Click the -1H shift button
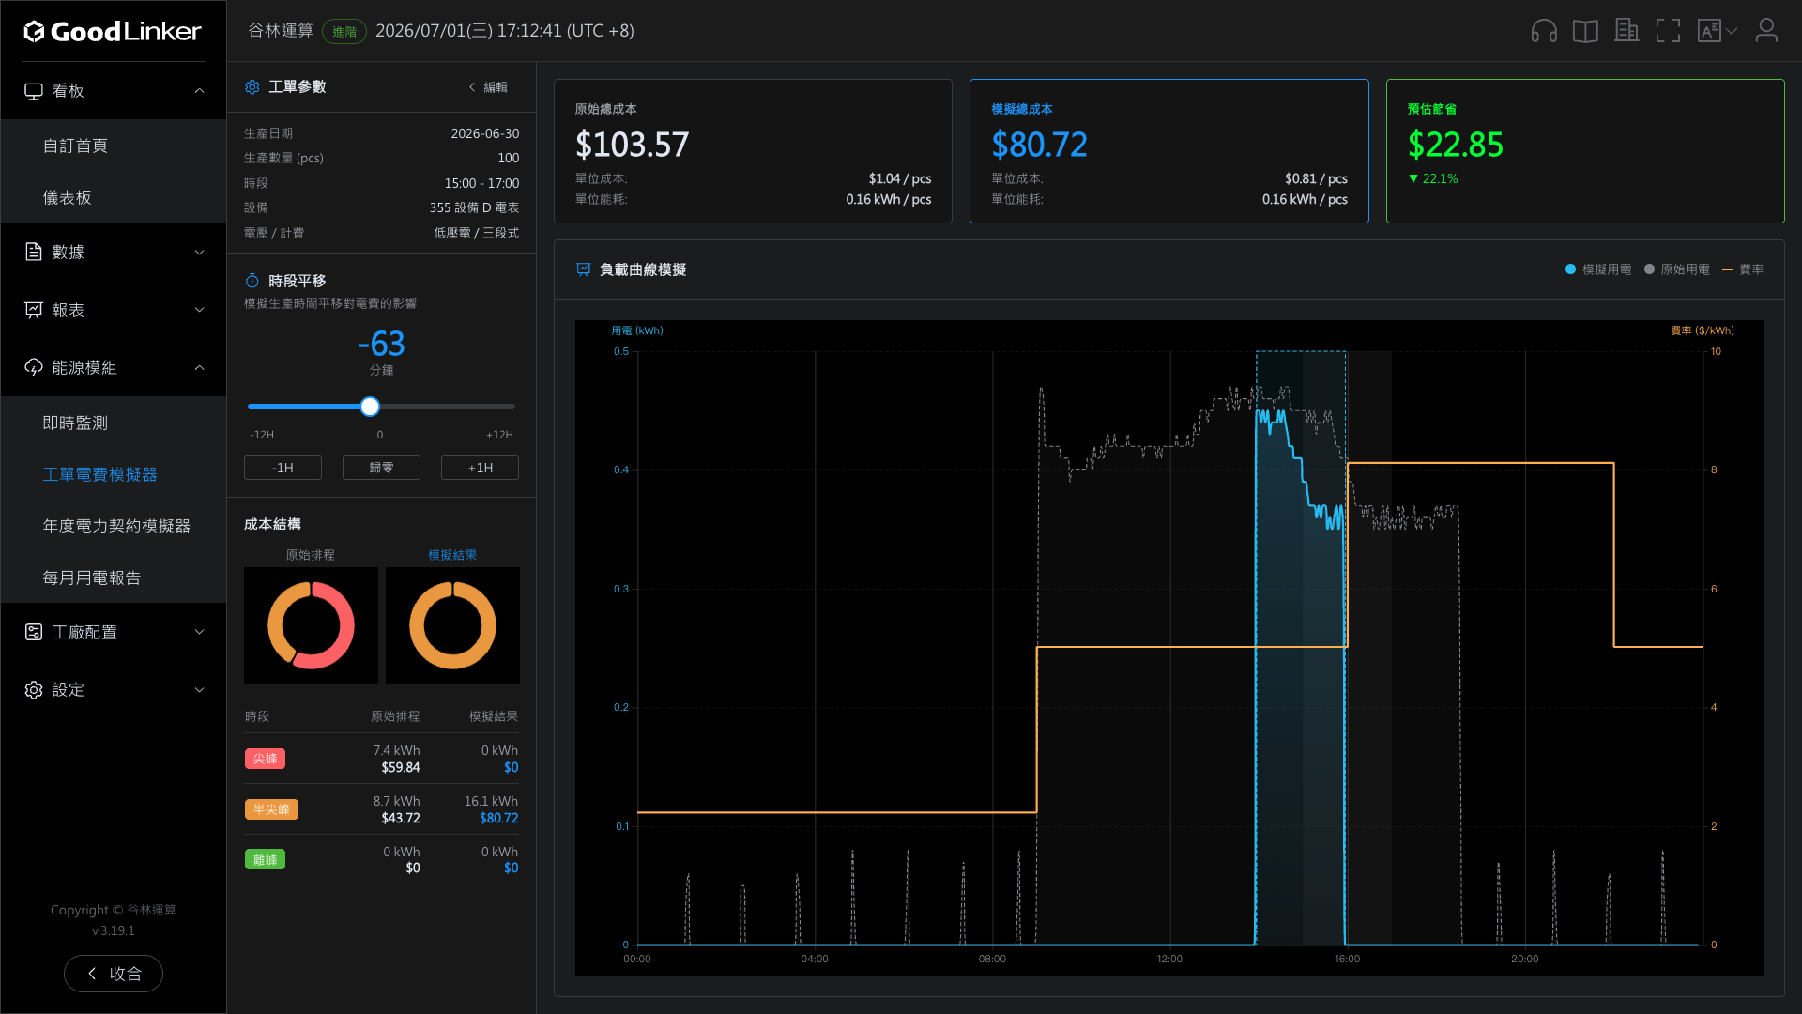tap(283, 468)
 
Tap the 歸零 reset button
tap(381, 468)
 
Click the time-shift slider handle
tap(370, 407)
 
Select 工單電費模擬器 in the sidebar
tap(99, 474)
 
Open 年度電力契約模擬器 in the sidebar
tap(116, 526)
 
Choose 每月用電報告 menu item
tap(92, 577)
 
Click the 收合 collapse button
tap(114, 974)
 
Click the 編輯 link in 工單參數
tap(489, 87)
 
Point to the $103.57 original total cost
tap(632, 145)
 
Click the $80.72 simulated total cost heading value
tap(1039, 145)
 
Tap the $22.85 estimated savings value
tap(1455, 145)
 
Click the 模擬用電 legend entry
tap(1598, 269)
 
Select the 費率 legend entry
tap(1743, 269)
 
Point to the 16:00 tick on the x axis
tap(1347, 959)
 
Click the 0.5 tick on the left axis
tap(621, 351)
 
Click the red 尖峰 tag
tap(265, 759)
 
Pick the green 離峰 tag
tap(265, 859)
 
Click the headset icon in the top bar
tap(1544, 31)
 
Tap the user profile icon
tap(1766, 31)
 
